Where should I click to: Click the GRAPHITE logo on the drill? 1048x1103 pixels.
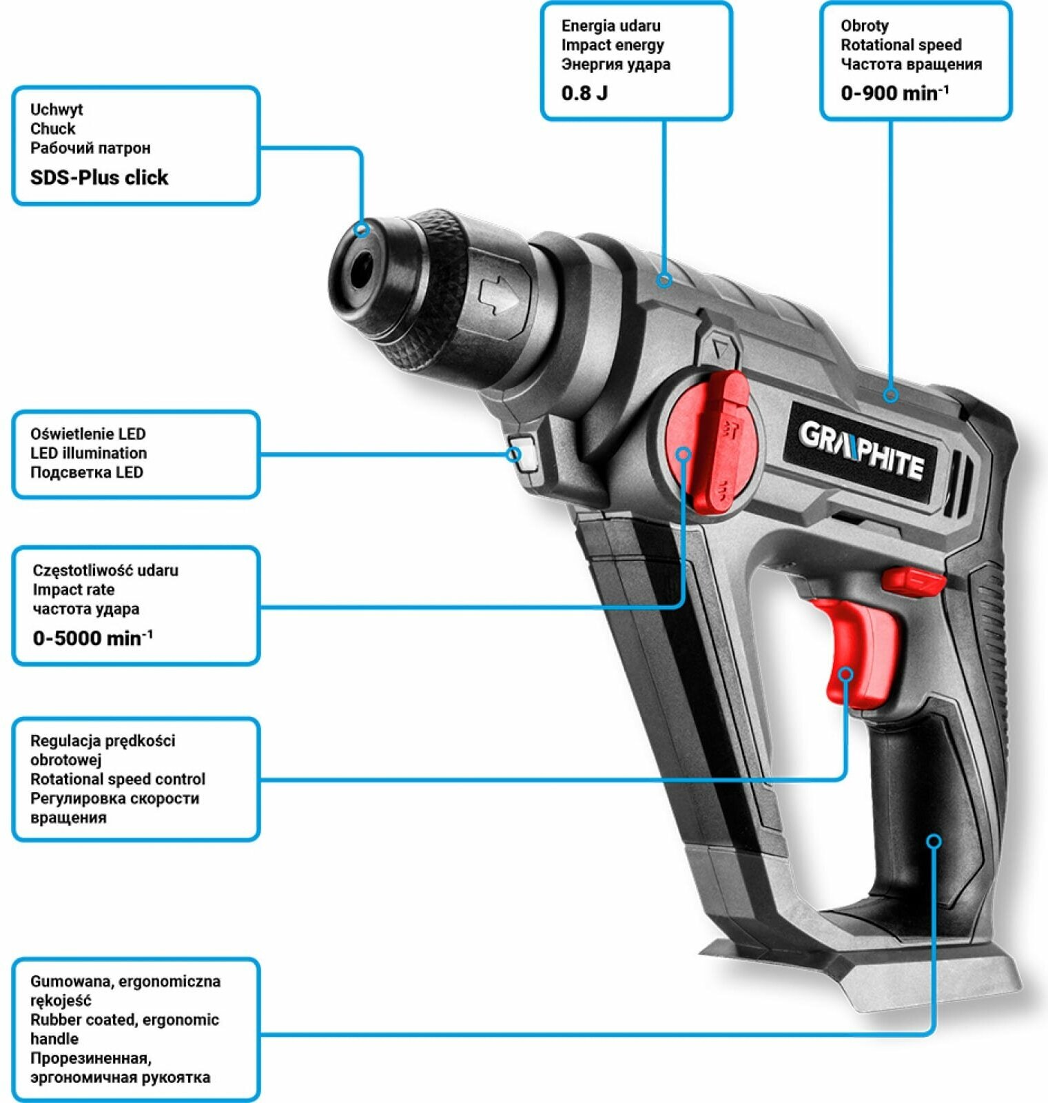[x=861, y=452]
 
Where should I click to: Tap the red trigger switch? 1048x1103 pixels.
[x=861, y=648]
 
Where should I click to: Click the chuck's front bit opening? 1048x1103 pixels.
[x=360, y=272]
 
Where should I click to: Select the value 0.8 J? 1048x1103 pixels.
[x=584, y=93]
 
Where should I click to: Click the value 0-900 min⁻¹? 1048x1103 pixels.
[x=894, y=93]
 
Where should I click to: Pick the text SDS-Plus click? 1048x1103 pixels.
[x=99, y=177]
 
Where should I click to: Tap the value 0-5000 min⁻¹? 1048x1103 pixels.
[x=92, y=638]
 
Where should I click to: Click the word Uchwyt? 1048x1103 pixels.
[x=56, y=109]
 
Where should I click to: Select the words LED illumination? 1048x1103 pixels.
[x=88, y=453]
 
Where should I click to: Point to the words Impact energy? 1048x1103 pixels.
[x=613, y=45]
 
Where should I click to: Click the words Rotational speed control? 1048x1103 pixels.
[x=118, y=779]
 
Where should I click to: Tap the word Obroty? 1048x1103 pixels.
[x=864, y=26]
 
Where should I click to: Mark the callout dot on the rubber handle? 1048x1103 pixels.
[x=934, y=841]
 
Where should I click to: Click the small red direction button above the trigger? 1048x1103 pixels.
[x=913, y=578]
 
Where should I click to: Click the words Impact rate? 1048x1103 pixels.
[x=74, y=589]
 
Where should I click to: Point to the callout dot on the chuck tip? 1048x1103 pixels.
[x=362, y=230]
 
